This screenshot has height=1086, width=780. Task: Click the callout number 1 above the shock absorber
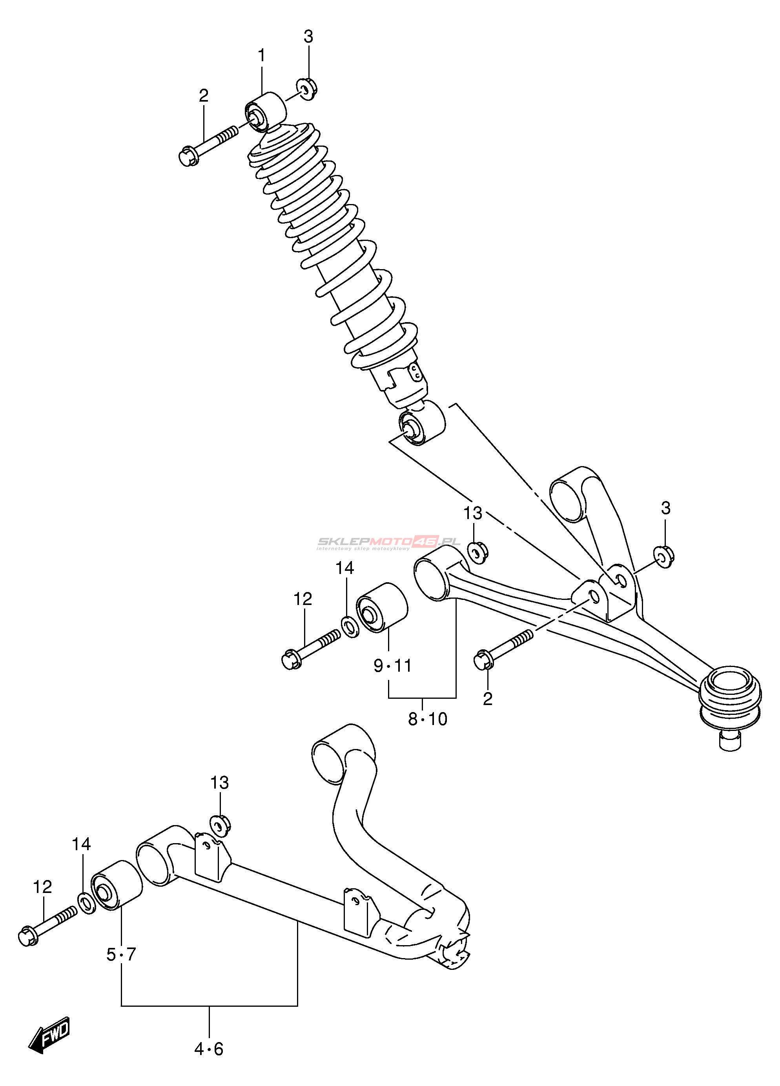tap(261, 56)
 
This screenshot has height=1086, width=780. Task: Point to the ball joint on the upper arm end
tap(730, 695)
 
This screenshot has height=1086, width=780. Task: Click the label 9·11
tap(392, 665)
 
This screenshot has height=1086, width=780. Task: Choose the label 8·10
tap(427, 719)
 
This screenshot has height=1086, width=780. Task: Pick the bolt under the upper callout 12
tap(311, 649)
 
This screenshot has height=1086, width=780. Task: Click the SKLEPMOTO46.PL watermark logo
tap(389, 543)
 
